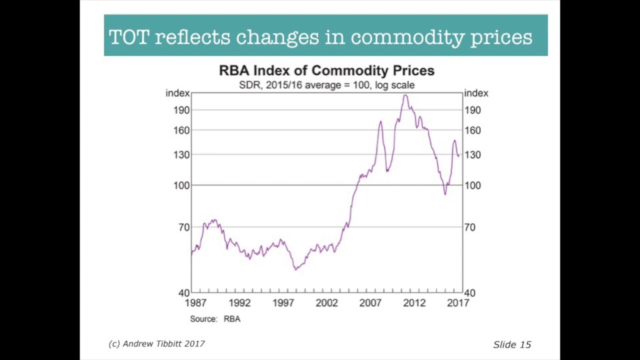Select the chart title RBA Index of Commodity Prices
tap(326, 70)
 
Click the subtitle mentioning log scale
tap(326, 85)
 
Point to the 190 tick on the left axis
tap(181, 110)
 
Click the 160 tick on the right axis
tap(472, 130)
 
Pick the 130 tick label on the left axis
tap(181, 155)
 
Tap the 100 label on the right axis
tap(472, 185)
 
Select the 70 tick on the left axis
tap(183, 227)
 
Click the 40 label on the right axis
tap(469, 293)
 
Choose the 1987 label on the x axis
tap(195, 303)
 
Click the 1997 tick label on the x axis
tap(283, 303)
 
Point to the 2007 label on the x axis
tap(370, 303)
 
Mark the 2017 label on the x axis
tap(458, 303)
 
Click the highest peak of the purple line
tap(405, 95)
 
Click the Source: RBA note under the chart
tap(215, 319)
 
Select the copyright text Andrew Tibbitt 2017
tap(156, 344)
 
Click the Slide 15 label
tap(512, 344)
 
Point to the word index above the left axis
tap(177, 93)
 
